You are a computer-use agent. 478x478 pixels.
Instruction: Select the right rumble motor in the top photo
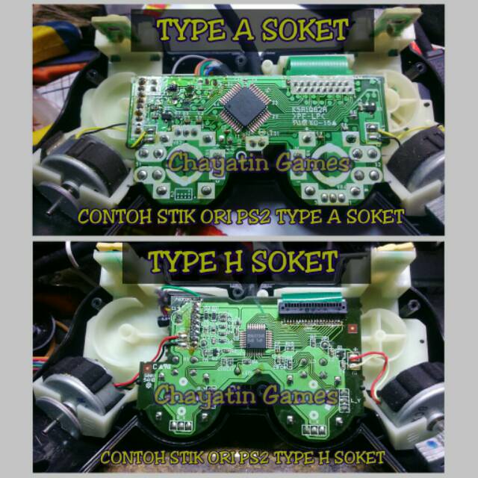pos(422,166)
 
